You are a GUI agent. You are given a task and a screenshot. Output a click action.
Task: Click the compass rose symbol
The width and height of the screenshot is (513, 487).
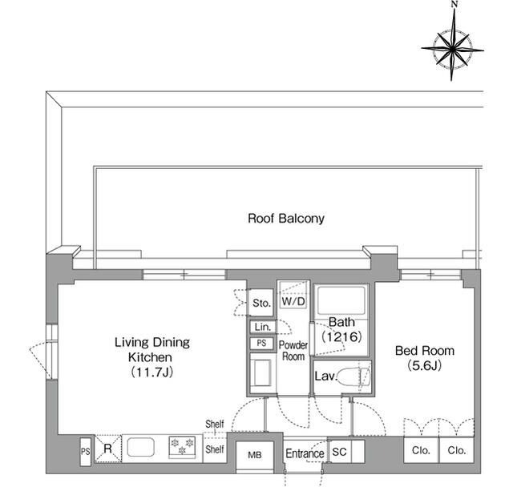tap(453, 49)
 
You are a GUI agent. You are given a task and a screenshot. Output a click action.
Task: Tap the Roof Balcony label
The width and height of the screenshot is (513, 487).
tap(285, 218)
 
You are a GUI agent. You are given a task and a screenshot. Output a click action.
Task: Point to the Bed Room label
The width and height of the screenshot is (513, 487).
tap(425, 357)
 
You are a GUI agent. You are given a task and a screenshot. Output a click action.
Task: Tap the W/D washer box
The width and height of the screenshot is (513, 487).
tap(293, 303)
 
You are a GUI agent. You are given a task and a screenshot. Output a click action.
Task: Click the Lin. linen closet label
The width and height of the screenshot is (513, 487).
tap(261, 327)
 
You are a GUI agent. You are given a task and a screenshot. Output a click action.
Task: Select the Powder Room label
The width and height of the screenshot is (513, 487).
tap(293, 350)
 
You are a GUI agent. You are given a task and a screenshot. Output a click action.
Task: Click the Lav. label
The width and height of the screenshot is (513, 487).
tap(325, 376)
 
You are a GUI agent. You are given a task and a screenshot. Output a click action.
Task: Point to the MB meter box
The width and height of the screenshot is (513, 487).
tap(254, 455)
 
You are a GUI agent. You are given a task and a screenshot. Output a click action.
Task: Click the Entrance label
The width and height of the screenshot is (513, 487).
tap(305, 453)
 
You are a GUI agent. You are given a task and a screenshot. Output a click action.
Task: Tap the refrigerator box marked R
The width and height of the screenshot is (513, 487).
tap(107, 450)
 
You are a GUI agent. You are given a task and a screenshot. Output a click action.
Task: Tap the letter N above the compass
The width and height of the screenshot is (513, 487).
tap(454, 6)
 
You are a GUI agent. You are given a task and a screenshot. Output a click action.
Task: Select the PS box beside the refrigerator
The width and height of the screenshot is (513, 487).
tap(85, 452)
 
